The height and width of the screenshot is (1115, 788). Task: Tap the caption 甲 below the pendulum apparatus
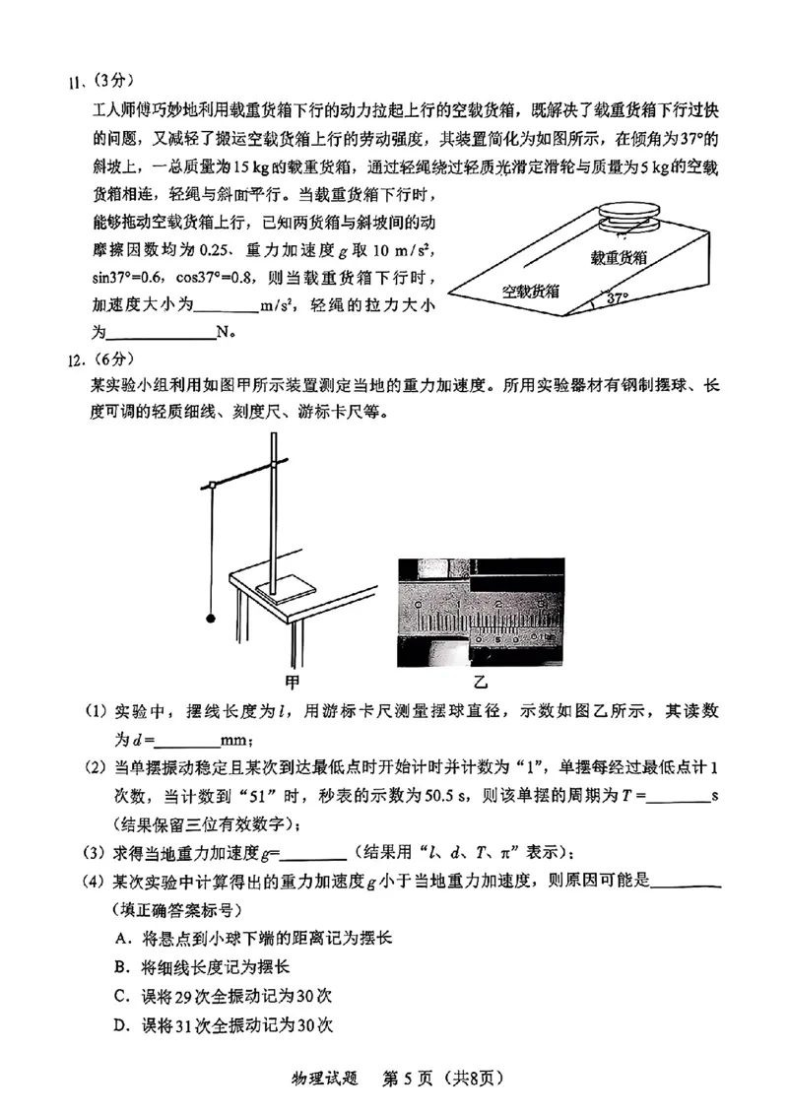(292, 681)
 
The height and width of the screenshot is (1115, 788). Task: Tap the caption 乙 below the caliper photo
(480, 681)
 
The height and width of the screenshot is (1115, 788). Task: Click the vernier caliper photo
(480, 612)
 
